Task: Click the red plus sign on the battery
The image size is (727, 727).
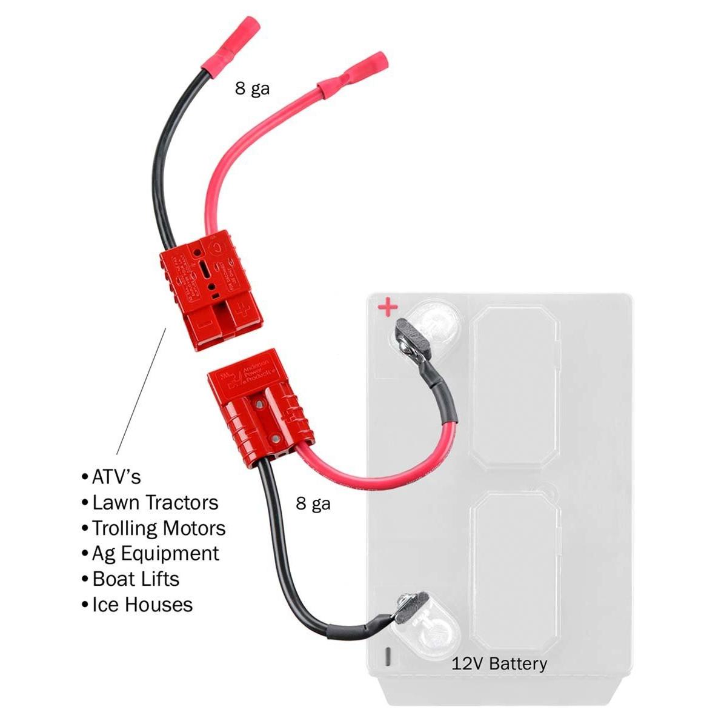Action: point(387,308)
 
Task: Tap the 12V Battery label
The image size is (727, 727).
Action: point(499,663)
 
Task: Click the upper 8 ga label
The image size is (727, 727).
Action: point(252,89)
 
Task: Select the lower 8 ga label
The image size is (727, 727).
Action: point(313,503)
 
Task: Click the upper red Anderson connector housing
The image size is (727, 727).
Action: point(211,288)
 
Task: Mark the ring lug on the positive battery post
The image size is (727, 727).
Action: point(410,339)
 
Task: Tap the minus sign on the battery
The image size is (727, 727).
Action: point(388,657)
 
